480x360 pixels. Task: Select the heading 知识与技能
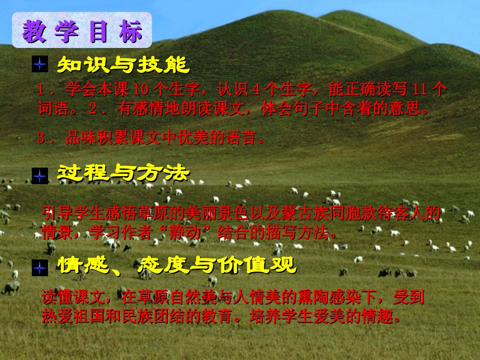(123, 65)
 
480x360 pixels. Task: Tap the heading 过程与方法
(123, 174)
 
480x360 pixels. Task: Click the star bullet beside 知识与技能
(39, 65)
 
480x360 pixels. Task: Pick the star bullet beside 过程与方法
(39, 175)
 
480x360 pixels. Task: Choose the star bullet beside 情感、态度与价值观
(39, 267)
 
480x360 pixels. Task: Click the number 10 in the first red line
(140, 90)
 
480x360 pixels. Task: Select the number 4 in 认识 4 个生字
(256, 90)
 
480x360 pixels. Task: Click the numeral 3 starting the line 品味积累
(41, 137)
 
